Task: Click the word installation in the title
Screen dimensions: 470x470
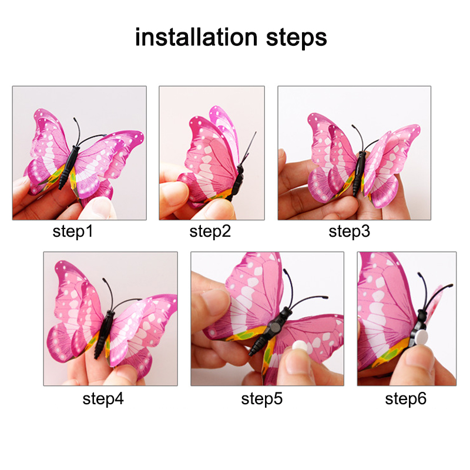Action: [196, 37]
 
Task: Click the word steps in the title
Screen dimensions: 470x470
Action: [296, 39]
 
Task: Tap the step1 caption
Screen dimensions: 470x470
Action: [72, 231]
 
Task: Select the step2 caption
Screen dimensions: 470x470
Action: [210, 231]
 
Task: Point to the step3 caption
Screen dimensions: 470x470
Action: [349, 231]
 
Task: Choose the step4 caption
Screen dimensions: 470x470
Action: [103, 399]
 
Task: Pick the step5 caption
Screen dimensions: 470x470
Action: [261, 399]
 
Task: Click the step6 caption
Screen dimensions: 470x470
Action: [405, 399]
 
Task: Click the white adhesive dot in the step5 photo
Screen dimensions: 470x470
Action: [300, 346]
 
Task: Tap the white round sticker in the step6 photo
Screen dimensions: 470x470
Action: [421, 337]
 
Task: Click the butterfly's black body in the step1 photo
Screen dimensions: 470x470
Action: [69, 167]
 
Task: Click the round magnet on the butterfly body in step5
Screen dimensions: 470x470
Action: [276, 325]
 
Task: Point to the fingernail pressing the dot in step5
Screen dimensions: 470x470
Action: [298, 362]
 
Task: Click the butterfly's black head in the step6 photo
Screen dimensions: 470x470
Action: [422, 315]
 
